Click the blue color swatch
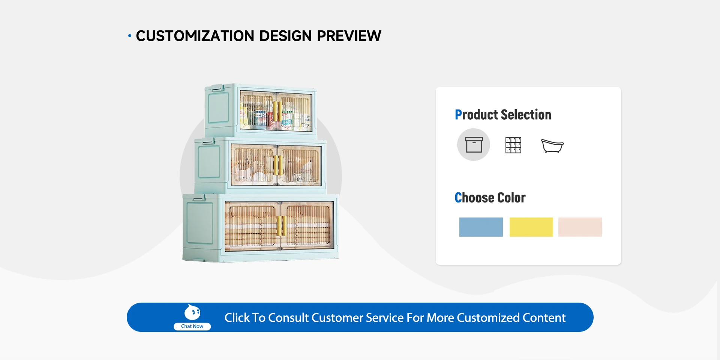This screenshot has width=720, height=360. [x=481, y=227]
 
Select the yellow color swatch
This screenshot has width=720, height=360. [x=531, y=227]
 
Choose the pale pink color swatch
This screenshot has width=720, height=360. [x=580, y=227]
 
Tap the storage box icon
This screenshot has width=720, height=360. [x=474, y=145]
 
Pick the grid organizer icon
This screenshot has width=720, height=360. [x=513, y=145]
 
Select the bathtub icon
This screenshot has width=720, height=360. [x=552, y=145]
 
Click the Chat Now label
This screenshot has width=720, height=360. [x=192, y=326]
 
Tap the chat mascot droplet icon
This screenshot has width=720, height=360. [x=192, y=312]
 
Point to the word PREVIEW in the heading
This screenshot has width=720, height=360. [x=349, y=36]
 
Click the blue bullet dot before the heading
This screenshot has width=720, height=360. [x=130, y=36]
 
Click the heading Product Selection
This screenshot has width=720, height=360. [x=503, y=115]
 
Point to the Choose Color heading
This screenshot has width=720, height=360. [x=490, y=198]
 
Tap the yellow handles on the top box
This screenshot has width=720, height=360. [x=277, y=111]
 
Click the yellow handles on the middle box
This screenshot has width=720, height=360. [x=278, y=165]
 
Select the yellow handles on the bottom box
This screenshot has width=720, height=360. [x=282, y=226]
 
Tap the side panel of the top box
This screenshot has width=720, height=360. [x=219, y=108]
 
